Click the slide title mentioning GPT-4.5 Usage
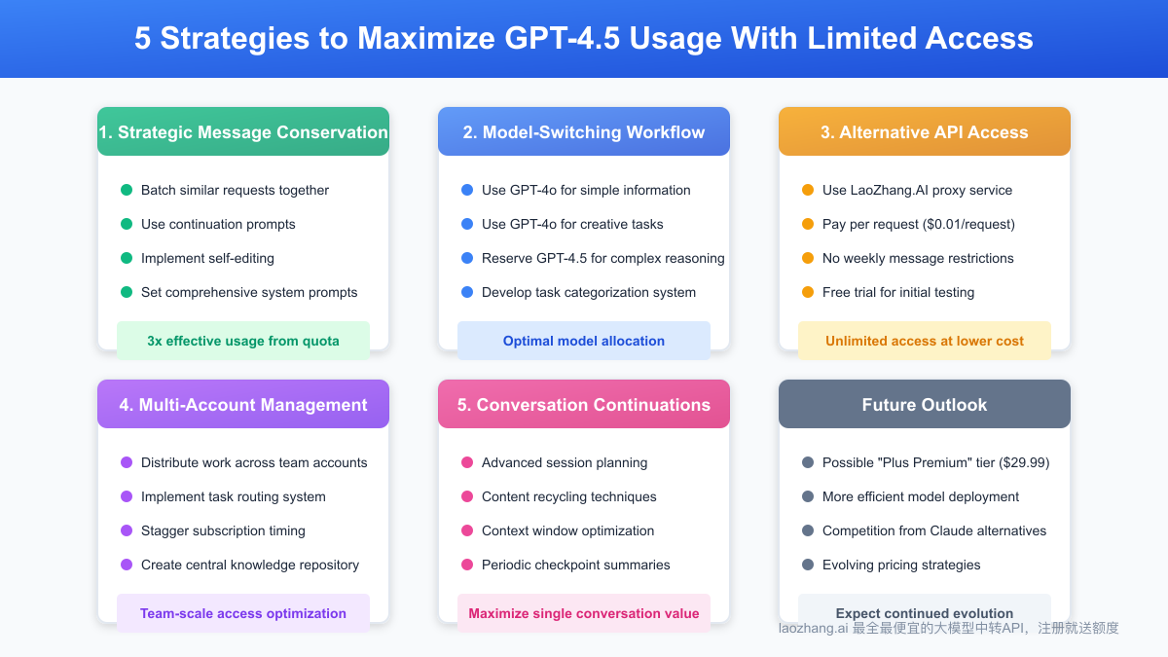(x=584, y=38)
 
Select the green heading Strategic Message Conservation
(x=243, y=132)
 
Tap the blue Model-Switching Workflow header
(x=584, y=132)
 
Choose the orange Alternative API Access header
(x=924, y=132)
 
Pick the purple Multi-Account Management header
(x=243, y=405)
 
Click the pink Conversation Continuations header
(x=584, y=405)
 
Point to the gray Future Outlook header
(x=924, y=405)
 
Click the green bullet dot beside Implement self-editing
(x=127, y=258)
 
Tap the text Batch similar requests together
(x=235, y=190)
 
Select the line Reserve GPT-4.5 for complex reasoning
(x=602, y=258)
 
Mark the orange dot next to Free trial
(x=808, y=292)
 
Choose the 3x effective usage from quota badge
(x=243, y=341)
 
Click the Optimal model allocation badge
(x=584, y=341)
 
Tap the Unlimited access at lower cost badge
(x=924, y=341)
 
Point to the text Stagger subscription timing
(x=223, y=530)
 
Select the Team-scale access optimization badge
(x=243, y=613)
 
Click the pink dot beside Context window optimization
(x=467, y=530)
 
